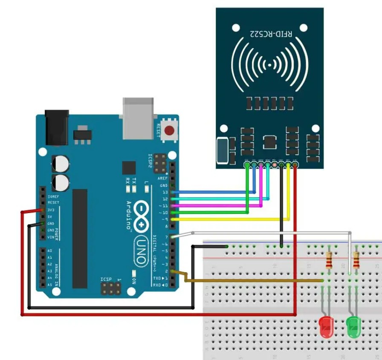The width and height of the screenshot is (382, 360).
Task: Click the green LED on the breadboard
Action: pos(353,327)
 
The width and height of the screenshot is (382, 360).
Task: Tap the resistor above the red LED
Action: pos(329,259)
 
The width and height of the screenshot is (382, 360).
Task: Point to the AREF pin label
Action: pos(162,179)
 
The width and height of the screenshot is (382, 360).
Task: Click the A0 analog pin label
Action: pos(50,251)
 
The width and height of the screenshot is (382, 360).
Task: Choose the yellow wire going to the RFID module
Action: pos(230,219)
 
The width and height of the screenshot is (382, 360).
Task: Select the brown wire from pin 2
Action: pos(256,280)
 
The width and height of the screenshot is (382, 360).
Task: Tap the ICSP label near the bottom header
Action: pos(106,279)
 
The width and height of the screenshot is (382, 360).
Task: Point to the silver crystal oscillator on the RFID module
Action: pos(222,151)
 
